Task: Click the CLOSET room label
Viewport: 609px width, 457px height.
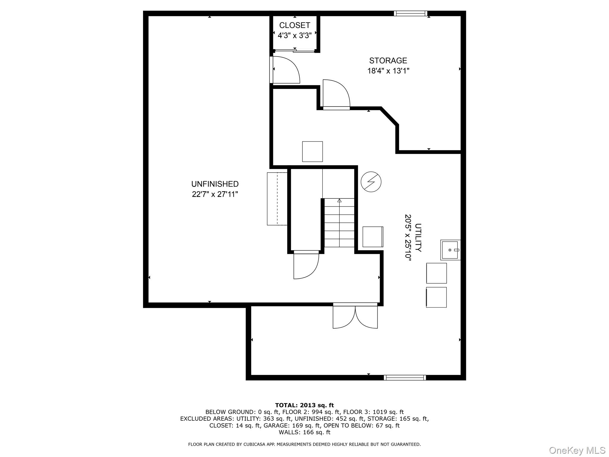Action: (294, 25)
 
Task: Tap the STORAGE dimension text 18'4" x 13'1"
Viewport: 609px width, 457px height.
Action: (388, 71)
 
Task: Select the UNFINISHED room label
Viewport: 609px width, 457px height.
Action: (215, 184)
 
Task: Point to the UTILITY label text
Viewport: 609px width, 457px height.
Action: (418, 237)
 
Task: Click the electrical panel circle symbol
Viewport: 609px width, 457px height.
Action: (371, 182)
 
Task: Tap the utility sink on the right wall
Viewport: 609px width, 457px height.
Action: (450, 250)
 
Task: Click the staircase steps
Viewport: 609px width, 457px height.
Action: (339, 223)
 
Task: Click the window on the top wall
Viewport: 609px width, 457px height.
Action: (410, 13)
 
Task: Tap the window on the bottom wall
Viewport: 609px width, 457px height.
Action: (404, 378)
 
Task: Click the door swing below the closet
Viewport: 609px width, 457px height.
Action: (285, 70)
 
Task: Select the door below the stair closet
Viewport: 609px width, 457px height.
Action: (306, 265)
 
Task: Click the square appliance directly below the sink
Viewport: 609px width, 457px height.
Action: (436, 273)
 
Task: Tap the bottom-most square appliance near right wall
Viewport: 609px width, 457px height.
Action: (436, 297)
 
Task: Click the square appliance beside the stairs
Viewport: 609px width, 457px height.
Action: (373, 237)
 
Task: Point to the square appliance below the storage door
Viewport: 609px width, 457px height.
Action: (312, 151)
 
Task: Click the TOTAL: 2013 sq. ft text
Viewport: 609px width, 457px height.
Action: (304, 405)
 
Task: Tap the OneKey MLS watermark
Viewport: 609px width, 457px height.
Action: (577, 450)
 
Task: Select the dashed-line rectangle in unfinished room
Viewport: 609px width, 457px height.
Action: (277, 199)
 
